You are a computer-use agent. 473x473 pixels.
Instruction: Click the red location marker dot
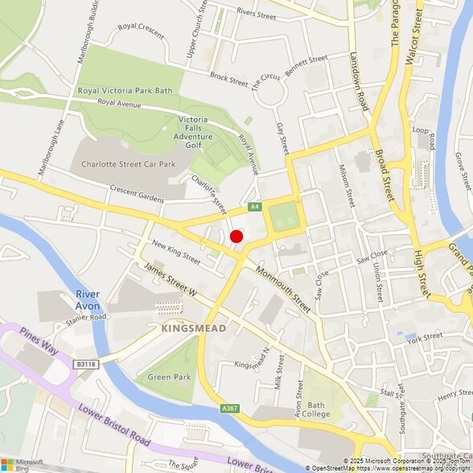click(x=236, y=236)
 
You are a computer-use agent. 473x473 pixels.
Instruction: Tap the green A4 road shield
click(x=255, y=208)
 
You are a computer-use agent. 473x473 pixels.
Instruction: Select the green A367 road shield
click(x=229, y=409)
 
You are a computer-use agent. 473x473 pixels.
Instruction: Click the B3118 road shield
click(x=86, y=364)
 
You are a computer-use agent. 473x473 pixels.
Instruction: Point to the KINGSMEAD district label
click(x=194, y=329)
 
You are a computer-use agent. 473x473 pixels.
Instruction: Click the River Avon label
click(x=88, y=299)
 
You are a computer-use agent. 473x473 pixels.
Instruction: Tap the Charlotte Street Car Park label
click(x=128, y=164)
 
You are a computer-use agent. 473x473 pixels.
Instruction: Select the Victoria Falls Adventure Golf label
click(x=199, y=133)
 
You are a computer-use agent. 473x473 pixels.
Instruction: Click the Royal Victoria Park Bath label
click(x=125, y=91)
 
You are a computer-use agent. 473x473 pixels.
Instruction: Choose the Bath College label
click(x=317, y=409)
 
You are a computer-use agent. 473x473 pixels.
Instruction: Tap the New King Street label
click(x=175, y=253)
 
